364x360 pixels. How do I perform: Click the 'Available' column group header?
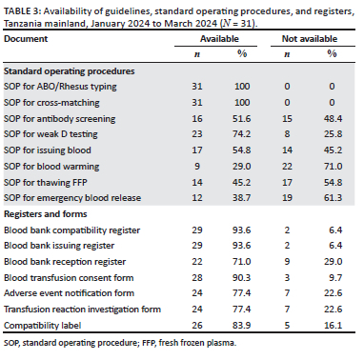[219, 39]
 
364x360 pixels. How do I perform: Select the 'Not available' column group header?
[310, 39]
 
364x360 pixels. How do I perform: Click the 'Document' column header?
[26, 39]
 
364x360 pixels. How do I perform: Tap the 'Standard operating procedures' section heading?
[70, 71]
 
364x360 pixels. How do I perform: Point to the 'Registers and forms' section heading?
[46, 214]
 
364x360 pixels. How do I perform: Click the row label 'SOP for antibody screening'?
[60, 119]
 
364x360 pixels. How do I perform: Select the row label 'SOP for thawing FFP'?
[46, 182]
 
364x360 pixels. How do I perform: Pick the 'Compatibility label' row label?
[43, 326]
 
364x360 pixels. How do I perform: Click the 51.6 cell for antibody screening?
[241, 119]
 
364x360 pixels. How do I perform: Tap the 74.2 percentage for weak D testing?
[241, 134]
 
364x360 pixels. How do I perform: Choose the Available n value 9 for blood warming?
[197, 166]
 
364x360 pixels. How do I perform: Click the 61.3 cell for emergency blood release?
[333, 198]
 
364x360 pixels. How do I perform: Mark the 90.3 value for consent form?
[241, 278]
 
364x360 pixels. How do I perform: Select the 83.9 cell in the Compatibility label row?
[241, 326]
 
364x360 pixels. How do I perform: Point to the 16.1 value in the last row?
[333, 326]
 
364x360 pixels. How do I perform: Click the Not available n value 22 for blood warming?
[287, 166]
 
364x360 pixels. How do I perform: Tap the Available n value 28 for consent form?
[197, 278]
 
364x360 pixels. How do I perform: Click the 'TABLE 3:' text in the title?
[22, 11]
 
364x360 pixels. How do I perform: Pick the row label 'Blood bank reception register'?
[65, 262]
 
